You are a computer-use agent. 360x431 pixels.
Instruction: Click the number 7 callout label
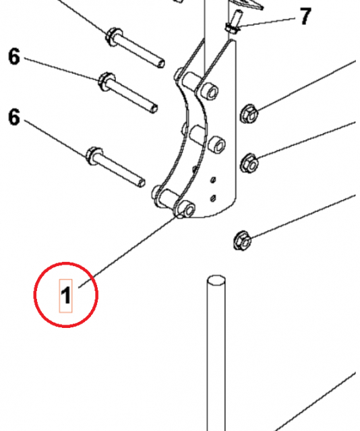[305, 16]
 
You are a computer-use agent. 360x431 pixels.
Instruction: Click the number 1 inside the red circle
[66, 295]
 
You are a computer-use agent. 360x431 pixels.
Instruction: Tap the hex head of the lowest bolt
[94, 156]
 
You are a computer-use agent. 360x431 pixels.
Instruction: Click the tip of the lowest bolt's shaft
[141, 181]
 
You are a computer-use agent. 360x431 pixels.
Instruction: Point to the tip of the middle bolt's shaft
[154, 107]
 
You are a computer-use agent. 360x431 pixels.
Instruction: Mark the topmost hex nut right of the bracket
[249, 114]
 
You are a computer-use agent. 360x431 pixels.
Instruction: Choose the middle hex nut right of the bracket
[249, 162]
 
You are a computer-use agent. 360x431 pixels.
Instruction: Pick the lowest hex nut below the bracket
[241, 240]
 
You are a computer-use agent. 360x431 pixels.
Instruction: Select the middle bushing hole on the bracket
[216, 143]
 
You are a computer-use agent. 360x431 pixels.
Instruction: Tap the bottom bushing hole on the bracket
[187, 209]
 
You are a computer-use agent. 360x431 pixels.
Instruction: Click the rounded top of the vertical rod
[216, 280]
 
